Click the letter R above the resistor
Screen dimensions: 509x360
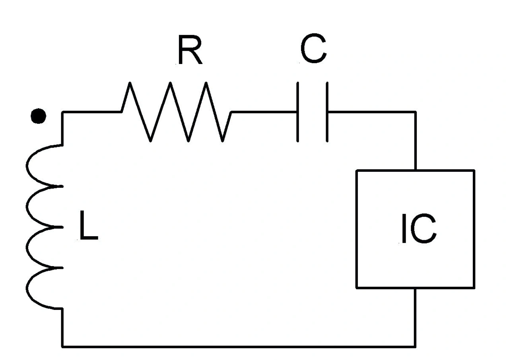coord(190,50)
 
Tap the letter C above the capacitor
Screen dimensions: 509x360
coord(314,49)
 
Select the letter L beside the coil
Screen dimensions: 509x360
coord(89,225)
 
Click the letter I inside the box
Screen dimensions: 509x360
coord(404,228)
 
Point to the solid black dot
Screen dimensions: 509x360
coord(39,116)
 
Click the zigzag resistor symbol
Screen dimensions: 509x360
coord(176,112)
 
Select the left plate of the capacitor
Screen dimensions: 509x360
coord(297,112)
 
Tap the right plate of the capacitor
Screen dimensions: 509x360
coord(327,112)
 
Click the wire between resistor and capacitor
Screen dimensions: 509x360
coord(264,112)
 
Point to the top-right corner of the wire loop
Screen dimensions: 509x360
coord(416,112)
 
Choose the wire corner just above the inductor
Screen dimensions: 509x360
coord(62,112)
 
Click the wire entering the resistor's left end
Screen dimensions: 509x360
coord(92,112)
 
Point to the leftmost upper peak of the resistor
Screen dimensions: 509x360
coord(130,83)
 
